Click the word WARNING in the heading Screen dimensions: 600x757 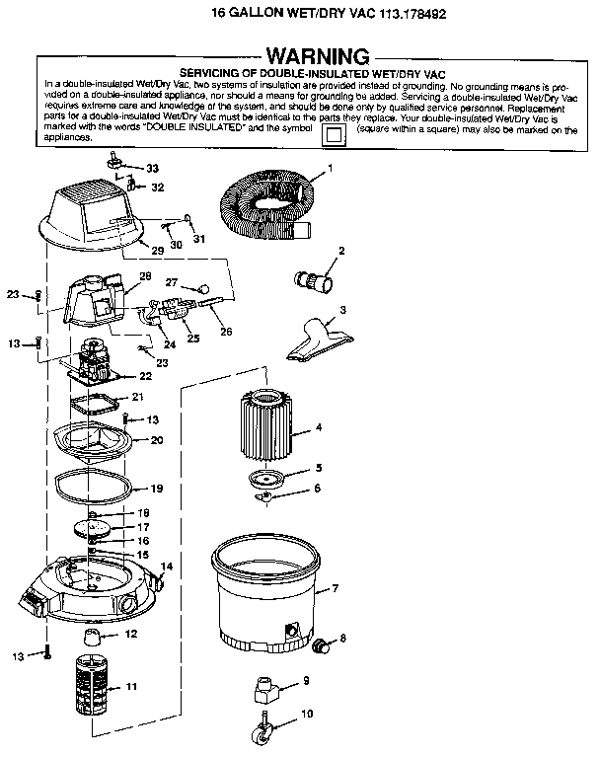coord(318,56)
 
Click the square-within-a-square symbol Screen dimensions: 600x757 coord(334,134)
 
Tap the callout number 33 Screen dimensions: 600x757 coord(153,168)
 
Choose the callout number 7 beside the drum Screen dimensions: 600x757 coord(335,588)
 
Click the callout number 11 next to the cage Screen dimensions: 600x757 coord(131,686)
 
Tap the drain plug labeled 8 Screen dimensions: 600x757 coord(321,645)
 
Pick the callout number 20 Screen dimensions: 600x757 coord(157,440)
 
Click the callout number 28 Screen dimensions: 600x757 coord(145,275)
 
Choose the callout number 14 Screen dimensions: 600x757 coord(167,566)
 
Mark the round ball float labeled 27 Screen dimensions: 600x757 coord(204,289)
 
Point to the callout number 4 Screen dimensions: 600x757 coord(319,427)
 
